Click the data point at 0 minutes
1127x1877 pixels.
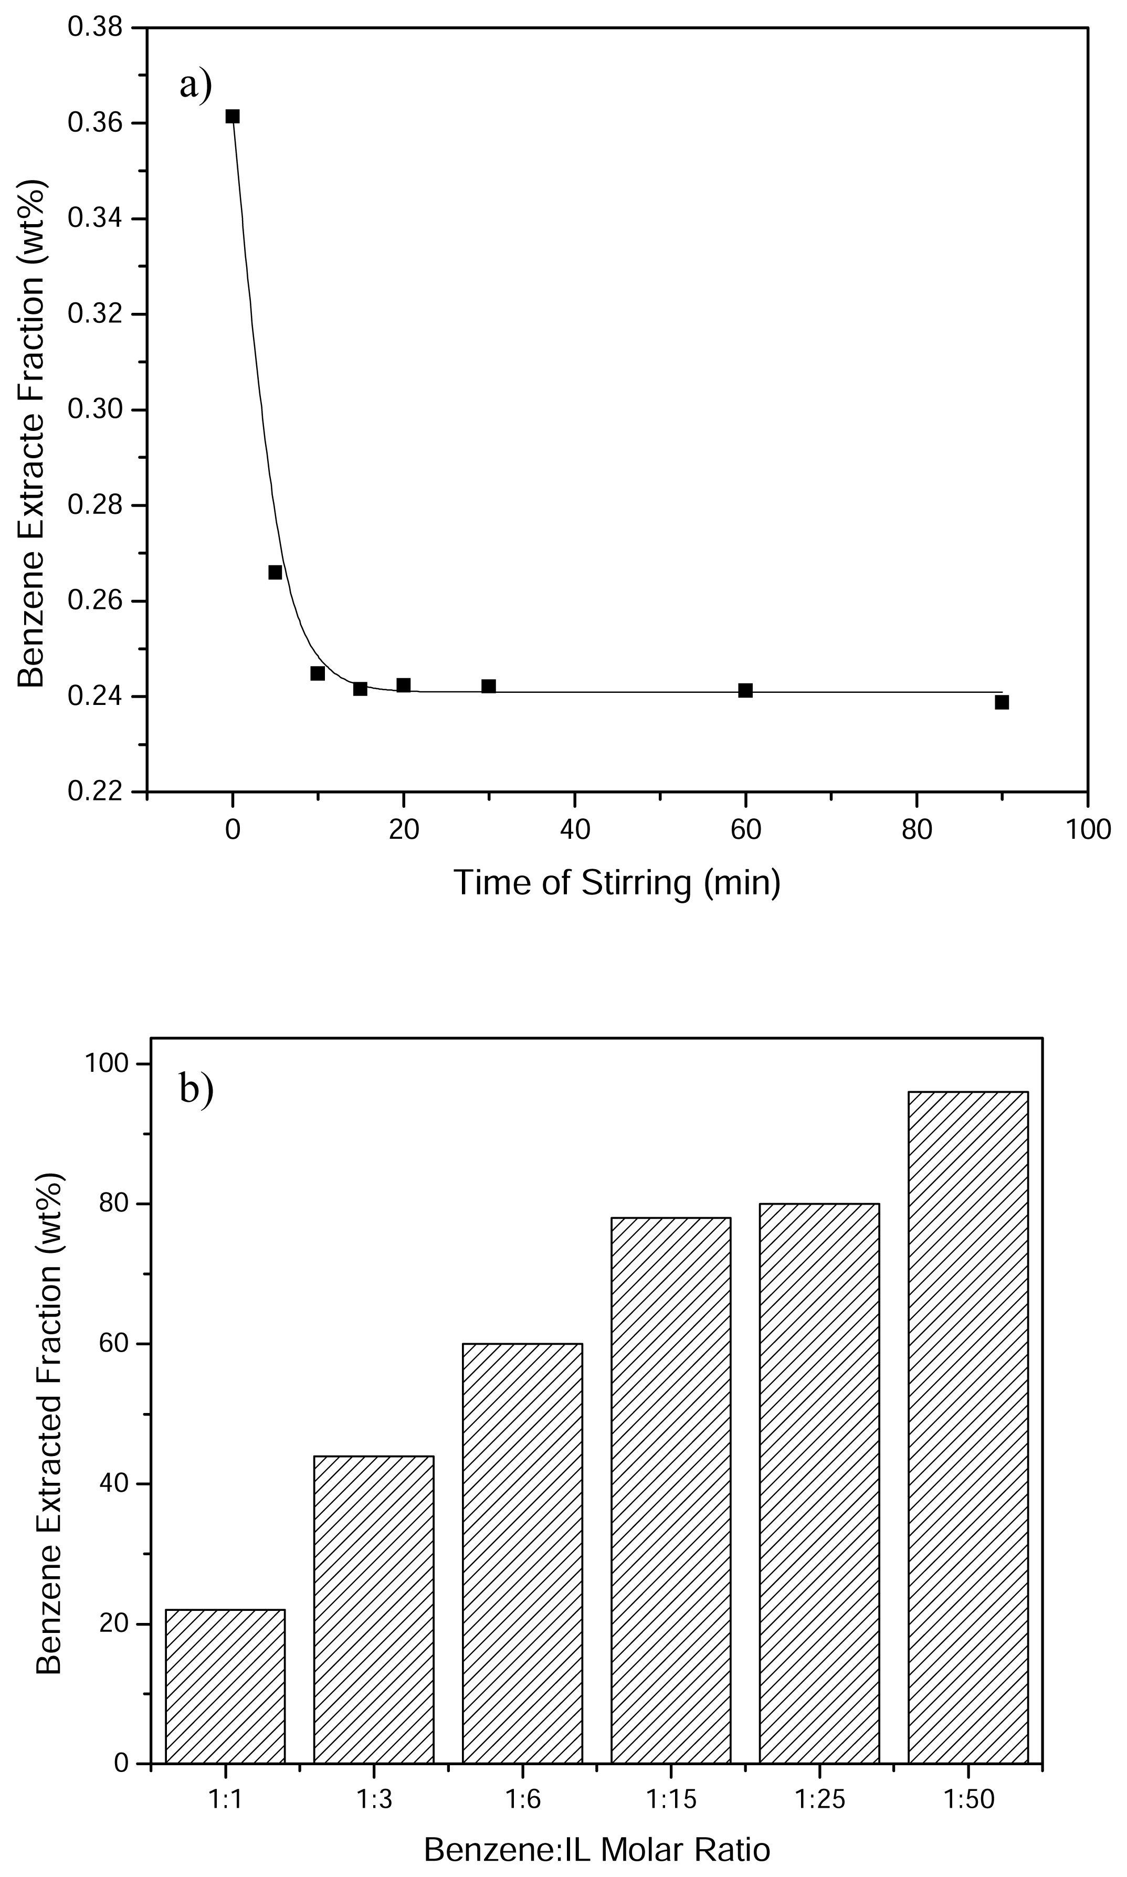(x=233, y=116)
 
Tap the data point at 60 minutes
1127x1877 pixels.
(x=745, y=690)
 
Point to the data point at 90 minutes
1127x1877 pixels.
(x=1002, y=702)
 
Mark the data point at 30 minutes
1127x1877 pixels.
(x=488, y=687)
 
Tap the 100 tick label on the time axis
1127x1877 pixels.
(x=1088, y=830)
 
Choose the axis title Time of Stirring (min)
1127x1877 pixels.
(x=617, y=883)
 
